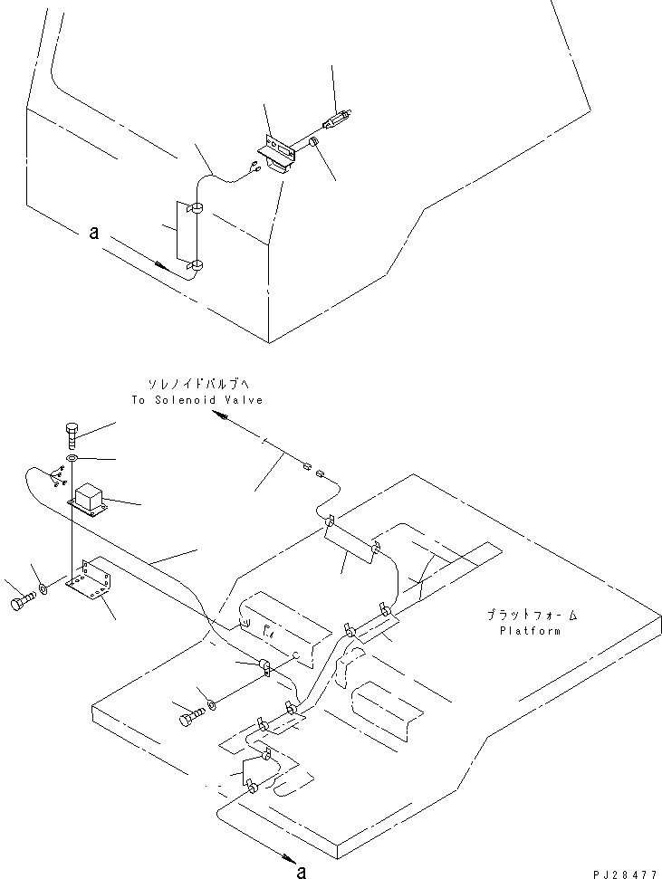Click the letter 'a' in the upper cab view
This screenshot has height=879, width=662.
click(x=94, y=234)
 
